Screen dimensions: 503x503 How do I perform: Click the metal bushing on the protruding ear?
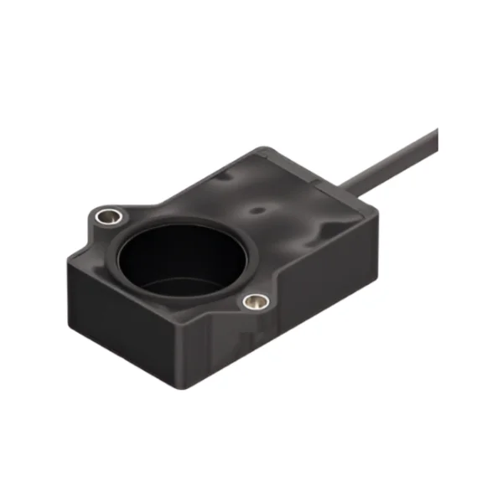[x=106, y=217]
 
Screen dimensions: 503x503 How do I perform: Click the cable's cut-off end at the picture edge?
[x=434, y=138]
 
